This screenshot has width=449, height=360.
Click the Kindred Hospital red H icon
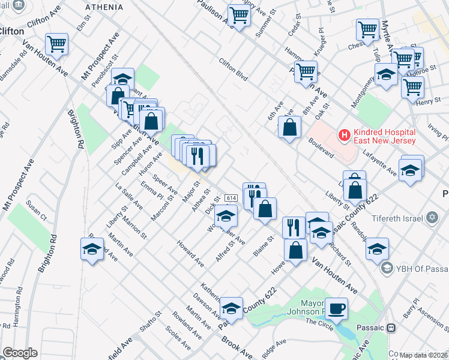pyautogui.click(x=344, y=136)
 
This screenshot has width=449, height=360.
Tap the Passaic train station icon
pyautogui.click(x=391, y=328)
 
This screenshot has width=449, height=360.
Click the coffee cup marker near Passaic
pyautogui.click(x=336, y=308)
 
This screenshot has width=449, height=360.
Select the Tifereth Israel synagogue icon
pyautogui.click(x=431, y=218)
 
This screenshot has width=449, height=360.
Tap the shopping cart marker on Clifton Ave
pyautogui.click(x=56, y=43)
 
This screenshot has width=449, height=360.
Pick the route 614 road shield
pyautogui.click(x=231, y=198)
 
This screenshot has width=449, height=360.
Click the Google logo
pyautogui.click(x=20, y=353)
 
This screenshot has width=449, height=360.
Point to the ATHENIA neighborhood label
pyautogui.click(x=104, y=8)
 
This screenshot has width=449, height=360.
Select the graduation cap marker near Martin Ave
pyautogui.click(x=91, y=249)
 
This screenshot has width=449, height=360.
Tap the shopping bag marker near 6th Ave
pyautogui.click(x=289, y=127)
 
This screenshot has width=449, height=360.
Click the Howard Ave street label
pyautogui.click(x=190, y=253)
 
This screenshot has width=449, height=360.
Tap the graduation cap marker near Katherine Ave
pyautogui.click(x=231, y=308)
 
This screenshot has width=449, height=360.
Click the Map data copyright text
pyautogui.click(x=423, y=355)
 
